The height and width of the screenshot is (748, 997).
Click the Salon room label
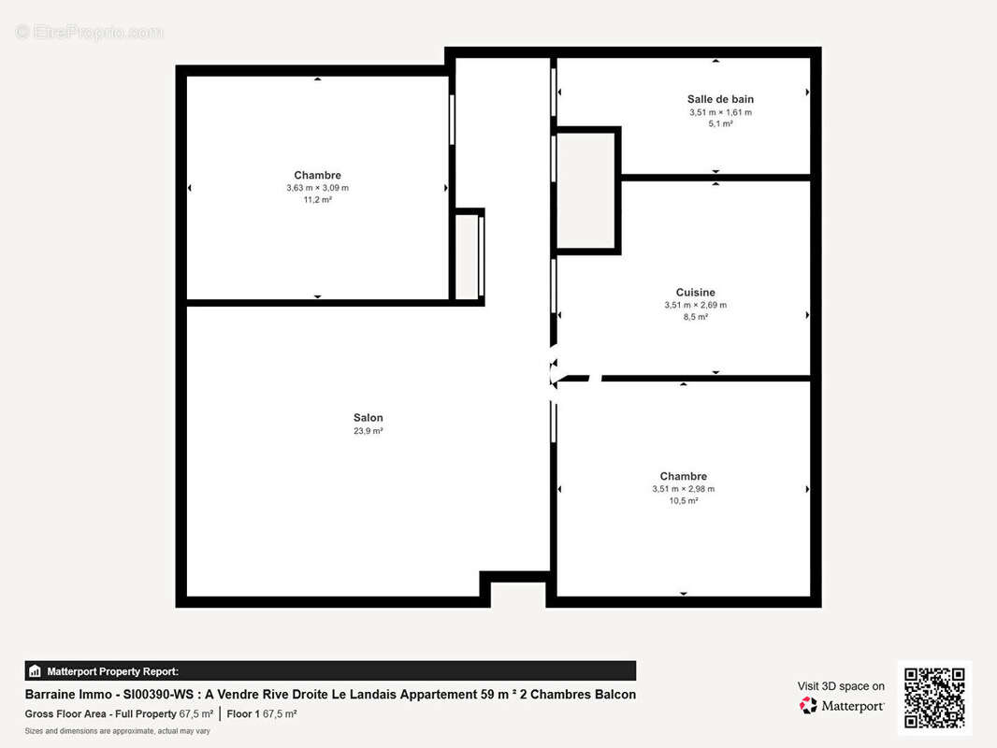(368, 418)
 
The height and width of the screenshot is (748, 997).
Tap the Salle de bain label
(720, 99)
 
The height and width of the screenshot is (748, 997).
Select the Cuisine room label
(695, 293)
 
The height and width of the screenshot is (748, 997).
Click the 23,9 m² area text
(368, 431)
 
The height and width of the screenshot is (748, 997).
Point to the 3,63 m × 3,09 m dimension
(317, 188)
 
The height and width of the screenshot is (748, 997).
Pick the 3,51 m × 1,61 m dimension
(720, 112)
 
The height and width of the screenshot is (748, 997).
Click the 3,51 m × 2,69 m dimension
(695, 305)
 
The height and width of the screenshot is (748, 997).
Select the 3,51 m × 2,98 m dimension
(683, 489)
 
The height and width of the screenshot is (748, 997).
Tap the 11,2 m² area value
(317, 200)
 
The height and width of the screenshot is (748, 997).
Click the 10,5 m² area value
(683, 501)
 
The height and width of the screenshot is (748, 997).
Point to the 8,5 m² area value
(695, 317)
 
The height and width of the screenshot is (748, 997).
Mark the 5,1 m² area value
(720, 123)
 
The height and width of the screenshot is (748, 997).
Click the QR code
(933, 698)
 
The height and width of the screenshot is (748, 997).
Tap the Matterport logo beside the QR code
(842, 706)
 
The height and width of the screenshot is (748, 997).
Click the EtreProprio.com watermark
(90, 33)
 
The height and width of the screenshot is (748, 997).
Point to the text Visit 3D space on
(841, 686)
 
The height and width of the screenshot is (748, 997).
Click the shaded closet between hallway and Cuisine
(586, 191)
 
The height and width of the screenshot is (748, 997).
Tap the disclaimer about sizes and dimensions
(117, 731)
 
